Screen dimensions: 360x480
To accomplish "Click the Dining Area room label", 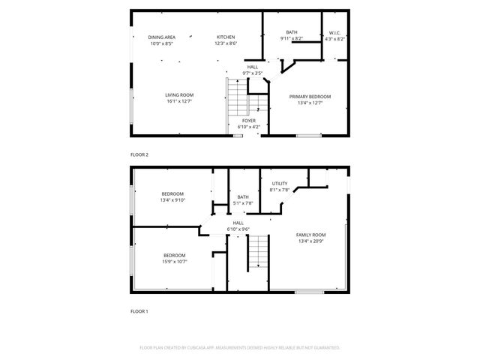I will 161,37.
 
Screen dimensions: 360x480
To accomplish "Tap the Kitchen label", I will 226,37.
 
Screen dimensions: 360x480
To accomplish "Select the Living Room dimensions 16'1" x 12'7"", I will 180,101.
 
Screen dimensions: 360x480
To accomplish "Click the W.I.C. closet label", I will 335,32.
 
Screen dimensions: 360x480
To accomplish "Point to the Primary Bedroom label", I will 310,96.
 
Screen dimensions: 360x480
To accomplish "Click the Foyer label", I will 249,120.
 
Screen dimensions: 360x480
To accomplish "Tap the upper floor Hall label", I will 253,67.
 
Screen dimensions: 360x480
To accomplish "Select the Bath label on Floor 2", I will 291,32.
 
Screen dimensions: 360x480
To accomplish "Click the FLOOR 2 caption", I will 139,154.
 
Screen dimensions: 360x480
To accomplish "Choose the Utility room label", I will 280,183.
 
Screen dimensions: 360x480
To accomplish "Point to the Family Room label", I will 310,235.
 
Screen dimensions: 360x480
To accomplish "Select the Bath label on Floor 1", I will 244,196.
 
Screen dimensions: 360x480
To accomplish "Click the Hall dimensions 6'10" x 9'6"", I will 238,229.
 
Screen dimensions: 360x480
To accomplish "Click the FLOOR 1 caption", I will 139,310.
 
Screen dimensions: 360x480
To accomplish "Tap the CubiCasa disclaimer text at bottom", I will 240,348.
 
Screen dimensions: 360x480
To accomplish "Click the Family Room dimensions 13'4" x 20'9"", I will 310,241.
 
